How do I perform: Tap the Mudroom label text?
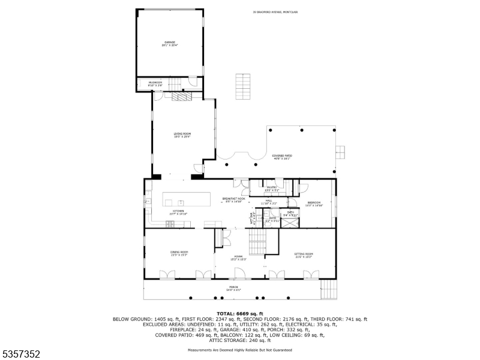155,84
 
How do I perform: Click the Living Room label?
182,134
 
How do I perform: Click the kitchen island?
187,199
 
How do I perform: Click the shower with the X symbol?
290,221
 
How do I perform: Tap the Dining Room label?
179,253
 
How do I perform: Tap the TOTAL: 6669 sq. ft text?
240,313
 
